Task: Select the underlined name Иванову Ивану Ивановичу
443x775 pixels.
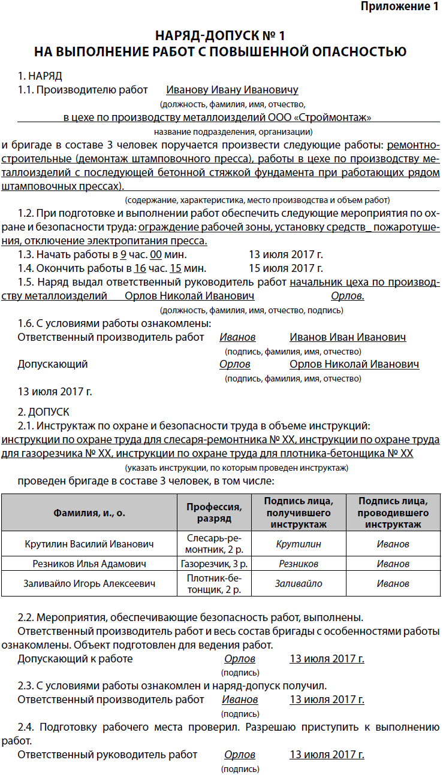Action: (232, 90)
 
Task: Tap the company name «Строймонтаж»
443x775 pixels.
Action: (333, 117)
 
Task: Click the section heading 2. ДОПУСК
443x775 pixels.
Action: (44, 412)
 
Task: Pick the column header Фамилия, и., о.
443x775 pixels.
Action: (89, 513)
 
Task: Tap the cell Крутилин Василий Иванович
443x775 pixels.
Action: (89, 544)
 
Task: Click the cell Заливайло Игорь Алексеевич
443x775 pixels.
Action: (89, 583)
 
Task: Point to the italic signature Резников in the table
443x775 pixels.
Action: (299, 564)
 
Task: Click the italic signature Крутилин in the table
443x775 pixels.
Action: (299, 544)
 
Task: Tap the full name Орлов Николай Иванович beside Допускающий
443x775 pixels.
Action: (354, 364)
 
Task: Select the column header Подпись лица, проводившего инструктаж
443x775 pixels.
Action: (393, 513)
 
